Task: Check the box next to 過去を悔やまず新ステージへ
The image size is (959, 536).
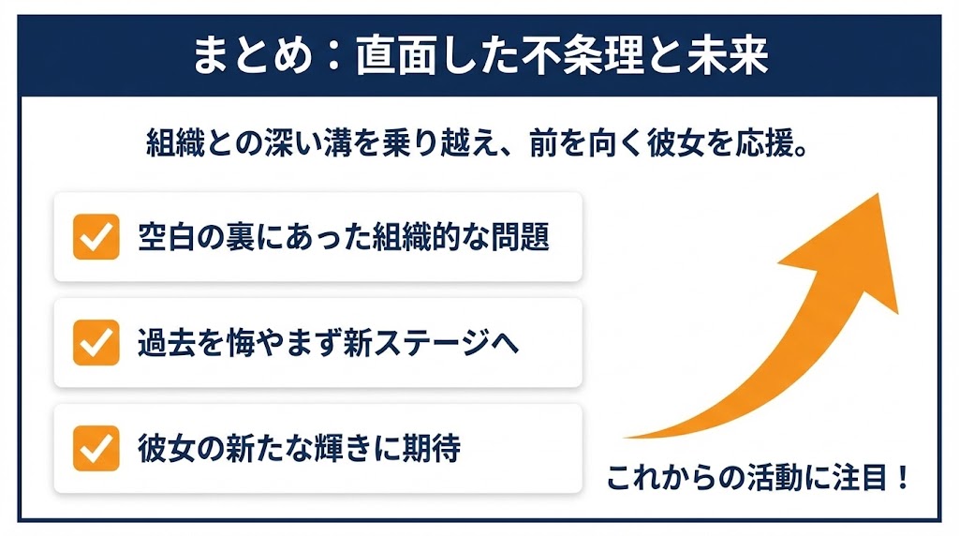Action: click(x=96, y=342)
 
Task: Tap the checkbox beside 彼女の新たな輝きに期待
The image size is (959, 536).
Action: click(x=96, y=448)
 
